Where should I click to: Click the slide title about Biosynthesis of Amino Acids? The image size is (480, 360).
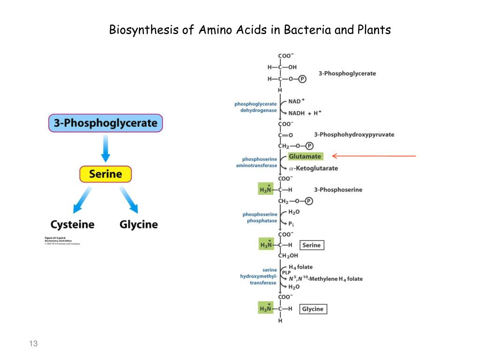(x=250, y=30)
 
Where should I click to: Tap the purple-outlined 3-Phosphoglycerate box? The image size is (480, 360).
(x=105, y=123)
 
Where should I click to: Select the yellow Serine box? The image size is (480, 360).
(x=105, y=174)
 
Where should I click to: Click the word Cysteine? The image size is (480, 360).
(x=72, y=225)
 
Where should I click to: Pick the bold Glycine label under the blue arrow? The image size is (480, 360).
(x=139, y=225)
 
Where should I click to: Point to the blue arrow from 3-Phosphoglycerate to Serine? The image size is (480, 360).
(x=105, y=148)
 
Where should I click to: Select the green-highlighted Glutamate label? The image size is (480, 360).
(x=305, y=157)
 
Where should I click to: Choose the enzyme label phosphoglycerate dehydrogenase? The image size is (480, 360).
(x=256, y=107)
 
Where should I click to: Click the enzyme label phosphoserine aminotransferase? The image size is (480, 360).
(x=260, y=162)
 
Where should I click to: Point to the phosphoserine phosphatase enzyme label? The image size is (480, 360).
(x=260, y=217)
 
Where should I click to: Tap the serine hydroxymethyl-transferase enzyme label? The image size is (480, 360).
(x=259, y=276)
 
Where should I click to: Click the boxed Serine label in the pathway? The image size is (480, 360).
(x=312, y=245)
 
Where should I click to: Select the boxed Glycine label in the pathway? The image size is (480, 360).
(x=313, y=309)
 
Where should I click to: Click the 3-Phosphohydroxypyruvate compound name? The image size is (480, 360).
(x=354, y=135)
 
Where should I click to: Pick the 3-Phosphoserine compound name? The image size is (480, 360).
(x=338, y=190)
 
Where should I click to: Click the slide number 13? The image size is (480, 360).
(x=33, y=344)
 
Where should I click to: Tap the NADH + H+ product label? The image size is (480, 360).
(x=305, y=113)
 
